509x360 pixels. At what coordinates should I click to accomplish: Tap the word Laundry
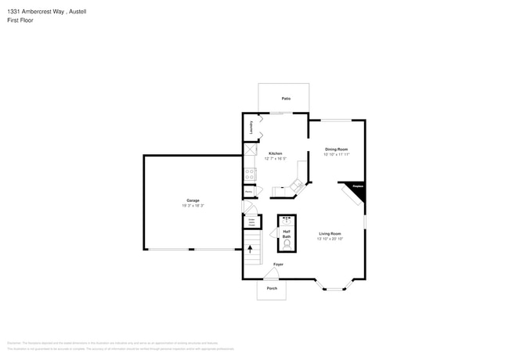tap(251, 128)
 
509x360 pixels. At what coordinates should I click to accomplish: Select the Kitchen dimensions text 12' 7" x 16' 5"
tap(276, 159)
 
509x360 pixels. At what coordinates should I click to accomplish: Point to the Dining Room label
tap(337, 149)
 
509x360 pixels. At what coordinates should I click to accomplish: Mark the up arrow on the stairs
tap(251, 250)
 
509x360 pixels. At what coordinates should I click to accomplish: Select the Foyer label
tap(278, 265)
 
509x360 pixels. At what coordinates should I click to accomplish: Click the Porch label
tap(272, 288)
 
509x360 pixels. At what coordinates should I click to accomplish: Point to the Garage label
tap(193, 200)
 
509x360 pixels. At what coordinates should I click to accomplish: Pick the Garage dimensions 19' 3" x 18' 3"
tap(193, 206)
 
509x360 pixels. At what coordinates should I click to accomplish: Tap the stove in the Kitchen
tap(250, 174)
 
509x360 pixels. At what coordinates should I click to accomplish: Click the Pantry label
tap(248, 191)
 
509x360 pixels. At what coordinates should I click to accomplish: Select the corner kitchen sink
tap(297, 185)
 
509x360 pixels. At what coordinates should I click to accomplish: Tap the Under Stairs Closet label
tap(251, 223)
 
